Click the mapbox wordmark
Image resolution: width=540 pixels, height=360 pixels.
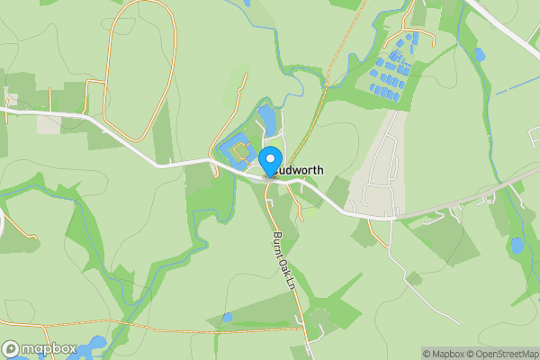coord(42,349)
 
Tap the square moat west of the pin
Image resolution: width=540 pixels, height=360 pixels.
coord(238,146)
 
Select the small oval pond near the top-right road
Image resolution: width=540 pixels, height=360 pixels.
coord(479,55)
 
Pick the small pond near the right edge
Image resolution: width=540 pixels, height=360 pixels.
coord(517,245)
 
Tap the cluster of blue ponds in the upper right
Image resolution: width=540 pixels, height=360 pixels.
coord(397,63)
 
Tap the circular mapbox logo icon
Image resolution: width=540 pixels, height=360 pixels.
coord(10,349)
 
